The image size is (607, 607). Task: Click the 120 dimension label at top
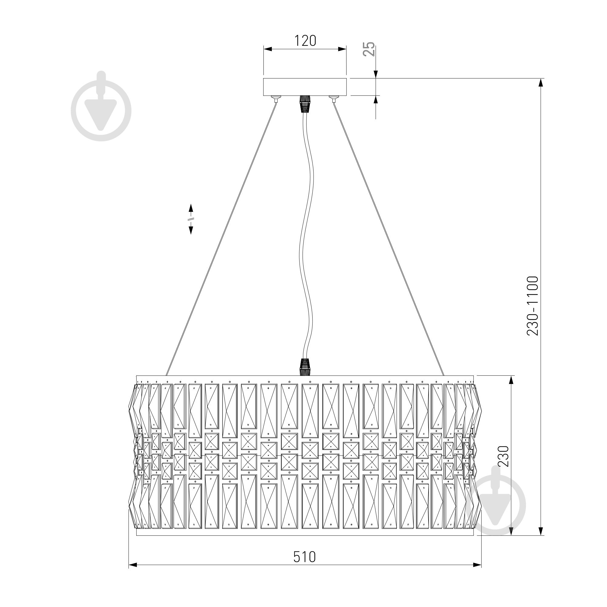pyautogui.click(x=305, y=41)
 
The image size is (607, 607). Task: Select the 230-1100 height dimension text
pyautogui.click(x=533, y=306)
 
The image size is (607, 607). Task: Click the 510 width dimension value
pyautogui.click(x=304, y=557)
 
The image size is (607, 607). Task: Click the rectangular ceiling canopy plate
pyautogui.click(x=305, y=87)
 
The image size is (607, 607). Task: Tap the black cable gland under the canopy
pyautogui.click(x=305, y=104)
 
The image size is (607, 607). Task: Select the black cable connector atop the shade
pyautogui.click(x=305, y=367)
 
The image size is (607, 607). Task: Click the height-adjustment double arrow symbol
pyautogui.click(x=191, y=219)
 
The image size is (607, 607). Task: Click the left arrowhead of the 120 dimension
pyautogui.click(x=267, y=49)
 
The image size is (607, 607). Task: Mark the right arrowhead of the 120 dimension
pyautogui.click(x=342, y=49)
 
